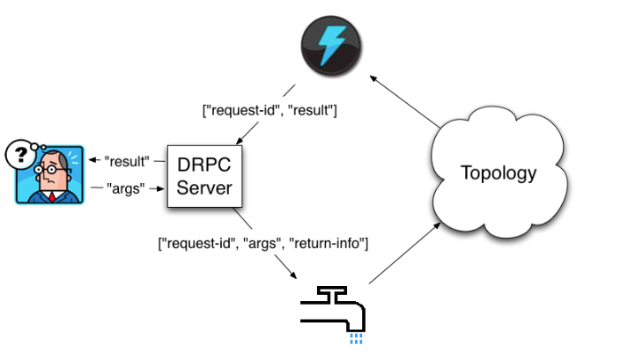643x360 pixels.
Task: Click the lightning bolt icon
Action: point(331,46)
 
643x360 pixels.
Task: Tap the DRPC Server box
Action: point(204,176)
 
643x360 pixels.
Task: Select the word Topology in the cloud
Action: point(499,173)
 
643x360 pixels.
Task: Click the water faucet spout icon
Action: point(333,309)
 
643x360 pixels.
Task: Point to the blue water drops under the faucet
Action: point(356,338)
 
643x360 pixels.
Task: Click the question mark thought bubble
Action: point(20,154)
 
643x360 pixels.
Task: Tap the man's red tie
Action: point(52,196)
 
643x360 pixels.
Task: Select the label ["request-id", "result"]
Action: point(270,110)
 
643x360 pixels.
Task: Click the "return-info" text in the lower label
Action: point(329,243)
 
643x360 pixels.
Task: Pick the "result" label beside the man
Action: point(127,161)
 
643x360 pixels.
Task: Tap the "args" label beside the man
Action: point(125,189)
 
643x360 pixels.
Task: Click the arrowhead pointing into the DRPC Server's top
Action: point(240,141)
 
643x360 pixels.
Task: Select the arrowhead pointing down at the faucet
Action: point(292,275)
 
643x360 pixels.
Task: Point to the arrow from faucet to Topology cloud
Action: point(405,253)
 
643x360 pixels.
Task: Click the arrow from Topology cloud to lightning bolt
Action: point(405,101)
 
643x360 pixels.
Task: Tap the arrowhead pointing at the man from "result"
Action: point(92,159)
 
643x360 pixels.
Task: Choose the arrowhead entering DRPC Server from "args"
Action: point(160,189)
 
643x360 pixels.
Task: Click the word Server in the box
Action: point(204,188)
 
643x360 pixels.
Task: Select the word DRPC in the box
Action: point(204,165)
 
